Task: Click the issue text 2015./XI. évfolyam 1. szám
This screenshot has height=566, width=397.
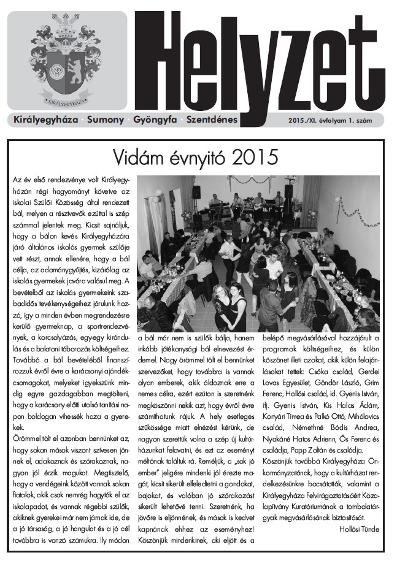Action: pyautogui.click(x=331, y=120)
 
